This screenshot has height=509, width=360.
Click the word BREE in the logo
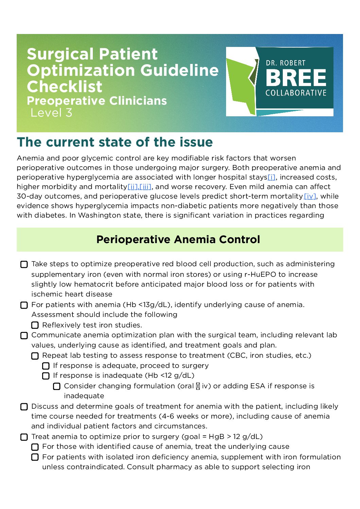[x=296, y=78]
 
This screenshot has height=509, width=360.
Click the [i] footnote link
[x=271, y=177]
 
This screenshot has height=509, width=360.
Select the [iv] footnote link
[x=310, y=196]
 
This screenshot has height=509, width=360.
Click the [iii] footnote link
[x=145, y=187]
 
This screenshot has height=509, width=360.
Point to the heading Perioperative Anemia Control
[x=178, y=239]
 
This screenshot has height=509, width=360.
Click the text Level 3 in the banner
[x=51, y=113]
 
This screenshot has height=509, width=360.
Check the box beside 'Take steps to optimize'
[x=24, y=265]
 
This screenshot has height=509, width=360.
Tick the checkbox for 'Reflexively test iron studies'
[x=35, y=325]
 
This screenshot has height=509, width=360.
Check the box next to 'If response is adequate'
[x=46, y=366]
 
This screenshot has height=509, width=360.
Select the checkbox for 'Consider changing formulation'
[x=57, y=386]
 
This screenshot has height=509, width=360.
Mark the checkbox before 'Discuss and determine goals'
[x=24, y=407]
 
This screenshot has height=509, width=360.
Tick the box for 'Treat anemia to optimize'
[x=24, y=437]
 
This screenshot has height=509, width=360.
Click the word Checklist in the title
[x=65, y=86]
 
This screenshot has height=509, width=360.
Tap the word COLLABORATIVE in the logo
[x=296, y=93]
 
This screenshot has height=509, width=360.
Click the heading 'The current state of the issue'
[x=115, y=142]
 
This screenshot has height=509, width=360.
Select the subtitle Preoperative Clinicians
[x=97, y=101]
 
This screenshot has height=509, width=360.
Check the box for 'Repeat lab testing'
[x=35, y=356]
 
